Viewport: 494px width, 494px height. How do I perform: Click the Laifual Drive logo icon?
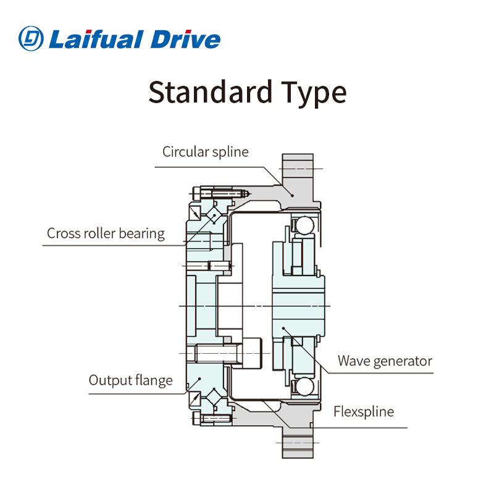[x=31, y=38]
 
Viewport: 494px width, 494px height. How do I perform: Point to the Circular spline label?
[x=205, y=151]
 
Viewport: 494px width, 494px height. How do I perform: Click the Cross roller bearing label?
[x=106, y=233]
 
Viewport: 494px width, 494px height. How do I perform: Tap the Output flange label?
[x=130, y=380]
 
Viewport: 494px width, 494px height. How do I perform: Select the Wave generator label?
[x=385, y=361]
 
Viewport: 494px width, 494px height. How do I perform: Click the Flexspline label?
[x=364, y=411]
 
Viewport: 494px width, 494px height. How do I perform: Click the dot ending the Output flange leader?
[x=199, y=379]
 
